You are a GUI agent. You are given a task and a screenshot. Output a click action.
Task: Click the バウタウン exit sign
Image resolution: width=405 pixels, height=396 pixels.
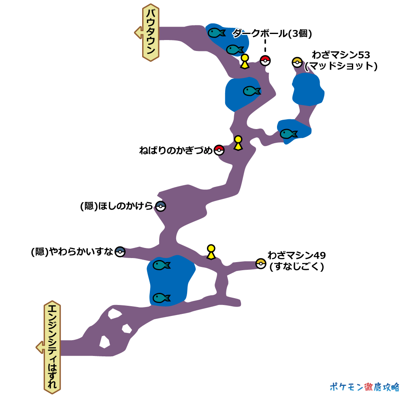[x=150, y=33]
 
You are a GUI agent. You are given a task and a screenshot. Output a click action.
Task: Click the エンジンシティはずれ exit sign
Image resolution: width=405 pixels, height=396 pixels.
[x=52, y=347]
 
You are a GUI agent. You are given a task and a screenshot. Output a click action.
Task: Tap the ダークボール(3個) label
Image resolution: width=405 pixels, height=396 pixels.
[x=272, y=34]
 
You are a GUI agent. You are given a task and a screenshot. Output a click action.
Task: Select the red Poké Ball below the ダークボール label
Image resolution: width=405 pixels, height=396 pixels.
[x=265, y=61]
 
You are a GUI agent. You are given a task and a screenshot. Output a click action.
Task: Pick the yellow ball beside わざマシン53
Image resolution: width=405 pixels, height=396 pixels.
[x=297, y=62]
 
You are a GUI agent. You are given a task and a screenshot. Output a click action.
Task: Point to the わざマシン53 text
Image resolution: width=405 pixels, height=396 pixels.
[x=341, y=55]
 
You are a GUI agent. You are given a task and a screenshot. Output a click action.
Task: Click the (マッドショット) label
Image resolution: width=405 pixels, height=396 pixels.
[x=341, y=66]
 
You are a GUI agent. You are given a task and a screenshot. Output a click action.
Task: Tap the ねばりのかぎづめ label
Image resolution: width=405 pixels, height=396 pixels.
[x=175, y=151]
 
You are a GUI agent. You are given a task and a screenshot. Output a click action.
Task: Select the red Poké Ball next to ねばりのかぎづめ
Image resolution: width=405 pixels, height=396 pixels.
[x=219, y=150]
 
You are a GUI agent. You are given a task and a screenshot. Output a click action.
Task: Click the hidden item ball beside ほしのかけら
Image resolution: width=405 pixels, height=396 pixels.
[x=161, y=206]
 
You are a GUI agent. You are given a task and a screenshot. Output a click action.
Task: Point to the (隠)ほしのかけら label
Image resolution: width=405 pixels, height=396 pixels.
[x=117, y=206]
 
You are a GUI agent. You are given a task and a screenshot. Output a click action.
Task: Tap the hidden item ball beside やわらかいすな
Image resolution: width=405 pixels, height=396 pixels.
[x=120, y=252]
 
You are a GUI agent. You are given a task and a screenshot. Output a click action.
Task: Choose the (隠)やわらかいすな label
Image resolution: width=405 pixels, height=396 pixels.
[x=72, y=252]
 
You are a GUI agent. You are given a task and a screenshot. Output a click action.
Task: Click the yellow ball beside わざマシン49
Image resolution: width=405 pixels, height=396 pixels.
[x=261, y=264]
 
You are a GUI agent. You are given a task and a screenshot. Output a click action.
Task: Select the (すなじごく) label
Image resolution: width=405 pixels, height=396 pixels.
[x=296, y=267]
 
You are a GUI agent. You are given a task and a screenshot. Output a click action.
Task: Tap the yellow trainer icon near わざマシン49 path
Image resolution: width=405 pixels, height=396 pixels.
[x=211, y=252]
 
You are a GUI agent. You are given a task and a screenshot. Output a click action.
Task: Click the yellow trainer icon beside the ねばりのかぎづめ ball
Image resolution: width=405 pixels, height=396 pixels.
[x=238, y=143]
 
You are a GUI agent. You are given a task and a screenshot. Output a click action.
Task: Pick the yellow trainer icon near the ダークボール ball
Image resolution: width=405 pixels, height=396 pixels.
[x=244, y=61]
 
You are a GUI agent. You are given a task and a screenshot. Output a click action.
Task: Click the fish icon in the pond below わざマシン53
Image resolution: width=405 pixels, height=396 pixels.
[x=289, y=133]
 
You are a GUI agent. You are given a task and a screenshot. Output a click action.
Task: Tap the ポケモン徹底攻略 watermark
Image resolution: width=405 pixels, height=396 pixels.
[x=364, y=386]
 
